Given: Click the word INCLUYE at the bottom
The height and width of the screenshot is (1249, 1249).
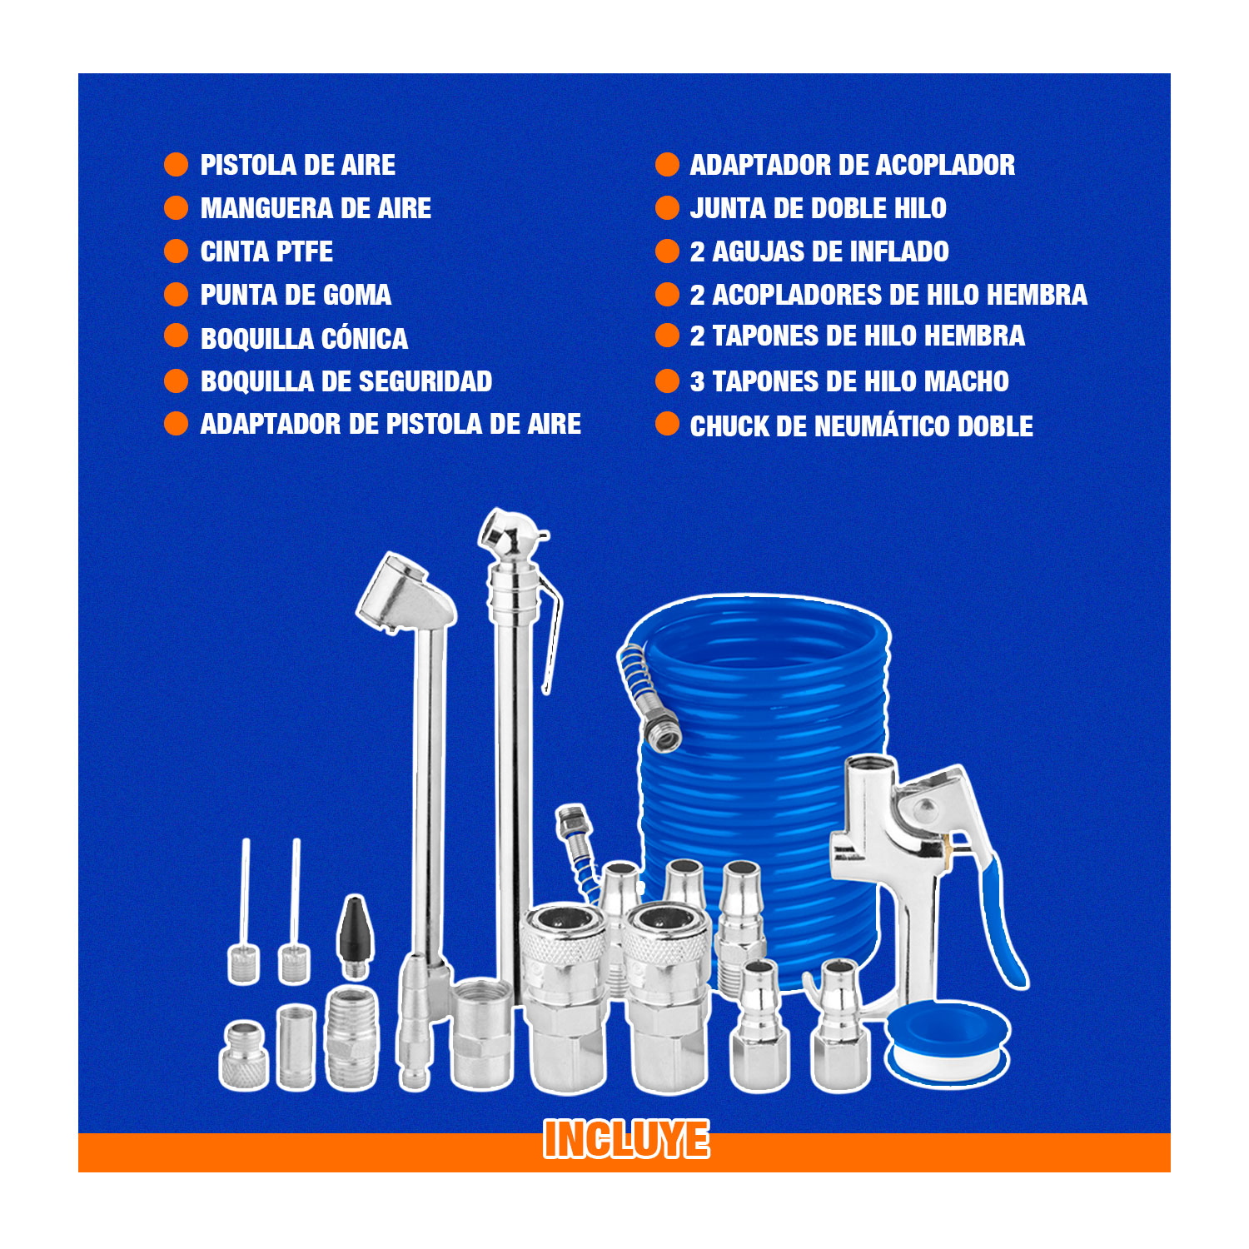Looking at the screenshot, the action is [x=626, y=1139].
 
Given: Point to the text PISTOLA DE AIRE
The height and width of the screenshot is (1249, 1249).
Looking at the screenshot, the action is [x=298, y=165].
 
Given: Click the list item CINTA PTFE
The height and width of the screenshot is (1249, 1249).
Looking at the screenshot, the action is [x=266, y=251].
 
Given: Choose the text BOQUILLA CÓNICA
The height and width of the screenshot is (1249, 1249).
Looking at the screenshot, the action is [x=305, y=338].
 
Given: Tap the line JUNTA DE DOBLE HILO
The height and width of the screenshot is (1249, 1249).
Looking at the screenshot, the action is [x=818, y=208].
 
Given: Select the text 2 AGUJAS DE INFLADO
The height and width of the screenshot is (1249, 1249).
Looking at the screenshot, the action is [x=819, y=251].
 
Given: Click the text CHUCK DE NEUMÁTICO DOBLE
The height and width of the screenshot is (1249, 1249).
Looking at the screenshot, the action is [x=862, y=426].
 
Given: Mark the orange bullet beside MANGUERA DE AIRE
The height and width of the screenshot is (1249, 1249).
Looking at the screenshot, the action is [x=177, y=207].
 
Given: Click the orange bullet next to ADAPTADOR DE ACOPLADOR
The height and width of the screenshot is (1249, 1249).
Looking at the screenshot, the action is [x=668, y=164].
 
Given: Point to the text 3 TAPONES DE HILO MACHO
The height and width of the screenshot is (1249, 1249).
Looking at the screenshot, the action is [x=849, y=381].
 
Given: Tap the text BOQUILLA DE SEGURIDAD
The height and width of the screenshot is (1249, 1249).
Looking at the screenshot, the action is [x=346, y=381].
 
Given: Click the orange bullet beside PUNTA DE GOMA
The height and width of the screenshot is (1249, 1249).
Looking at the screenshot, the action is [x=177, y=294].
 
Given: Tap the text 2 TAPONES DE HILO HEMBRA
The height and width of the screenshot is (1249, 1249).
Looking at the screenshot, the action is [x=858, y=336].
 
